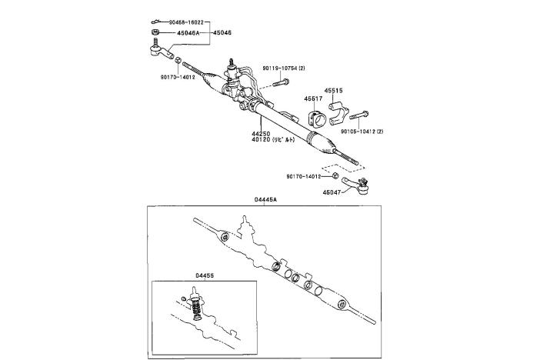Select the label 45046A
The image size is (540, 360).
click(182, 33)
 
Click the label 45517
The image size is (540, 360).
click(313, 98)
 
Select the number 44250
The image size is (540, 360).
click(262, 132)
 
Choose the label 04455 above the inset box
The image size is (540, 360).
click(205, 275)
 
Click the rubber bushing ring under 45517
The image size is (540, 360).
click(315, 120)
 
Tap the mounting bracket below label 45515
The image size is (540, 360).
click(339, 112)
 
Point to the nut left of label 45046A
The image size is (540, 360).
click(155, 33)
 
